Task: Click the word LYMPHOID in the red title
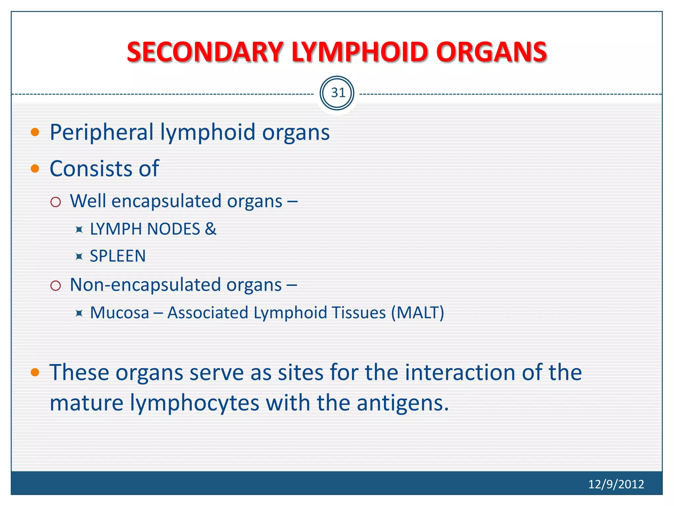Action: pos(360,52)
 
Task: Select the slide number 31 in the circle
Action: pos(337,93)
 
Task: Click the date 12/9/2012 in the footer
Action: pos(616,484)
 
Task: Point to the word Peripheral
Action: pos(101,132)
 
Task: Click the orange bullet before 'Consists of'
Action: pos(35,169)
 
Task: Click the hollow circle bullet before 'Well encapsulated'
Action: pos(56,202)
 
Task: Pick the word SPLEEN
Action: pos(117,256)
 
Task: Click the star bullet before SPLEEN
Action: pos(79,256)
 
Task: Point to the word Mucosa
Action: pos(119,313)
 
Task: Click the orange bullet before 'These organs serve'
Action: pos(35,372)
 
